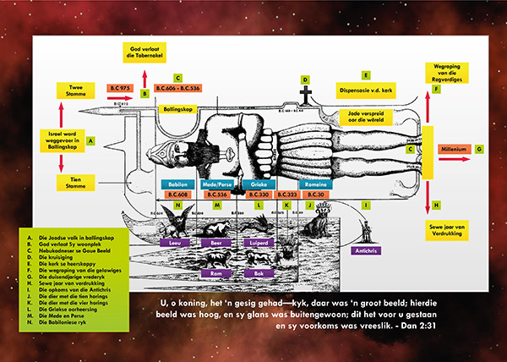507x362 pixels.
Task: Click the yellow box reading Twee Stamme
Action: point(74,91)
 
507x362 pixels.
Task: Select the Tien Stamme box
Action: point(74,182)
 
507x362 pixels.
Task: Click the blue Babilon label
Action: point(178,183)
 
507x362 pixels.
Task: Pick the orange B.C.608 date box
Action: point(178,195)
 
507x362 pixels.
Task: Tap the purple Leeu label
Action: point(176,240)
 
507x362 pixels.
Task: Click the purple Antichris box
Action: point(363,250)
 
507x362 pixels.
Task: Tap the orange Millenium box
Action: point(453,149)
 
